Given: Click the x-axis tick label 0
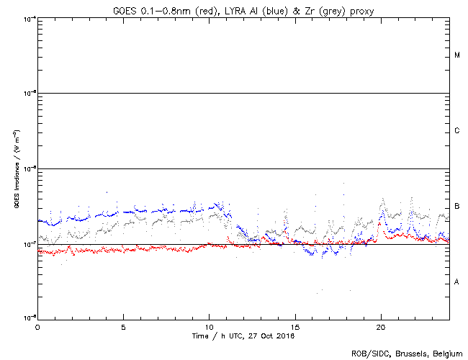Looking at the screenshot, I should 37,327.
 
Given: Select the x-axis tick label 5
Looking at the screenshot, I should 123,327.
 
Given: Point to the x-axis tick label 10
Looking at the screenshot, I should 209,327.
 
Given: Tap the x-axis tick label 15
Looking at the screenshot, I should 294,327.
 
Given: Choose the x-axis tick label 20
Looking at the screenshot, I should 380,327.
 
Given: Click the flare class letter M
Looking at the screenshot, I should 457,55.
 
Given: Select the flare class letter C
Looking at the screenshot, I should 457,131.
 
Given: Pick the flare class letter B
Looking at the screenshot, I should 457,207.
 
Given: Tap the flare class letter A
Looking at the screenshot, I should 457,282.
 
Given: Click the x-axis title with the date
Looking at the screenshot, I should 244,336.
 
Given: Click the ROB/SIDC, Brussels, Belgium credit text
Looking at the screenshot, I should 408,353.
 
